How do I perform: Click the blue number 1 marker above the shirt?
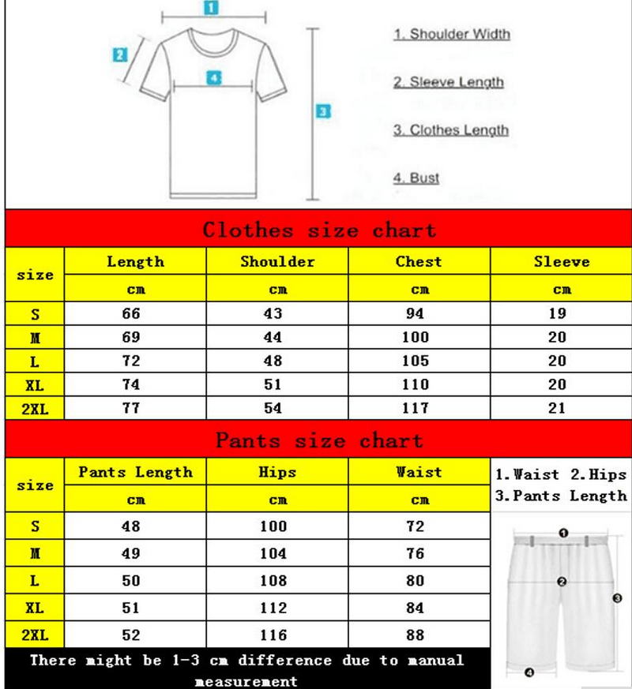211,8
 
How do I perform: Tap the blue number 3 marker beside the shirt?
322,112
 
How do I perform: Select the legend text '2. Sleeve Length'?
448,82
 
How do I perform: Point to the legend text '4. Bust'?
416,178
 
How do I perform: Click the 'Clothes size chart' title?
318,230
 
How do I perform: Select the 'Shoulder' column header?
277,261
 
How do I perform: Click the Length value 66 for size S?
130,313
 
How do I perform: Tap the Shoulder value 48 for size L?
273,361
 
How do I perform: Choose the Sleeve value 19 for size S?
558,313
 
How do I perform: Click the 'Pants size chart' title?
318,440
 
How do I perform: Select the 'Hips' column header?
277,472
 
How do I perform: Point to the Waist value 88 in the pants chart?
416,635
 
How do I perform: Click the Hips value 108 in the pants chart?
273,581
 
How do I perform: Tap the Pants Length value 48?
130,526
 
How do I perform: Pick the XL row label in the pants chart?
35,608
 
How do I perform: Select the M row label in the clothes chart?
35,338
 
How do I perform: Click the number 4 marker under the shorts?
529,673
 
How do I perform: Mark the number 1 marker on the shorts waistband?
563,534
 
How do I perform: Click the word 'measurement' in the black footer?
246,680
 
